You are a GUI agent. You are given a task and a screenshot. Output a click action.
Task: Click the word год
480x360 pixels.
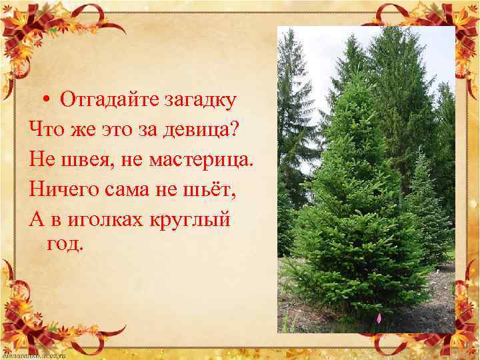tap(65, 244)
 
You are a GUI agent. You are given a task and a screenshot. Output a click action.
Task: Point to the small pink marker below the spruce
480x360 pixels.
tap(379, 319)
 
